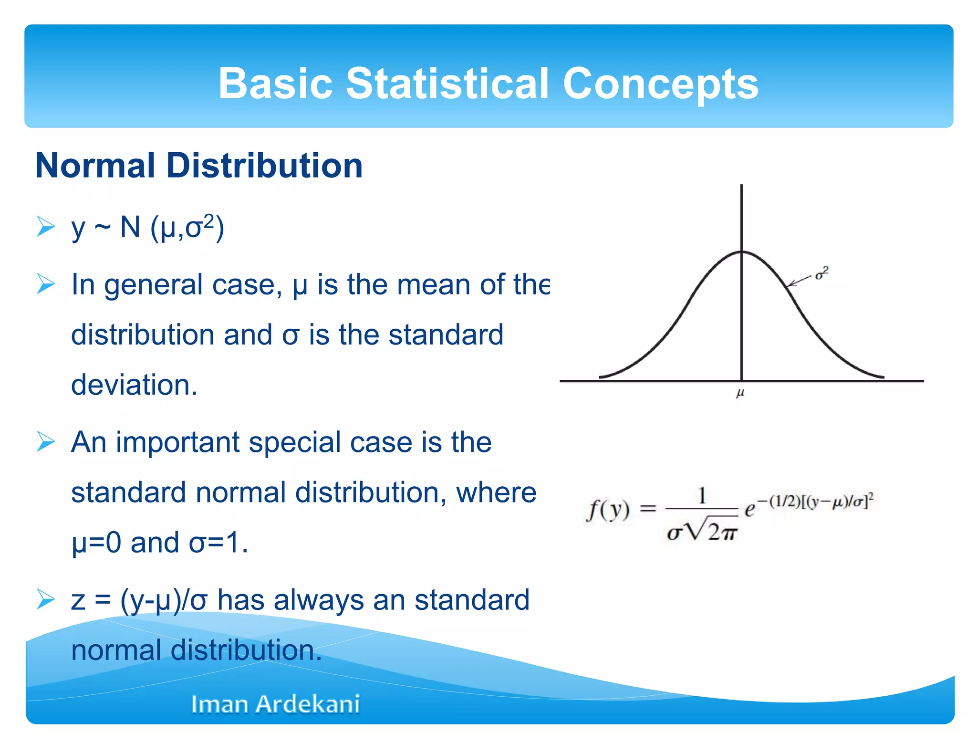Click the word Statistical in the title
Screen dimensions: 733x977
(447, 84)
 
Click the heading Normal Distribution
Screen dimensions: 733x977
(199, 166)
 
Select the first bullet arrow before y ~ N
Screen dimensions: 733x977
(46, 227)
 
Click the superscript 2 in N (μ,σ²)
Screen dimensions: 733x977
(208, 220)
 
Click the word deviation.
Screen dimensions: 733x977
(134, 385)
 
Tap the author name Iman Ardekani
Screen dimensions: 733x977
(275, 704)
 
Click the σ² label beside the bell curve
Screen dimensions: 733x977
(821, 273)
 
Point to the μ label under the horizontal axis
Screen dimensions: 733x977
(740, 393)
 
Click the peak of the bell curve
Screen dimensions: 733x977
(741, 251)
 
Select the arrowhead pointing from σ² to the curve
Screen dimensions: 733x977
(790, 284)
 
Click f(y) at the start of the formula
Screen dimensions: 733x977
(608, 510)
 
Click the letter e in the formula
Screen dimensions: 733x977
(749, 510)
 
